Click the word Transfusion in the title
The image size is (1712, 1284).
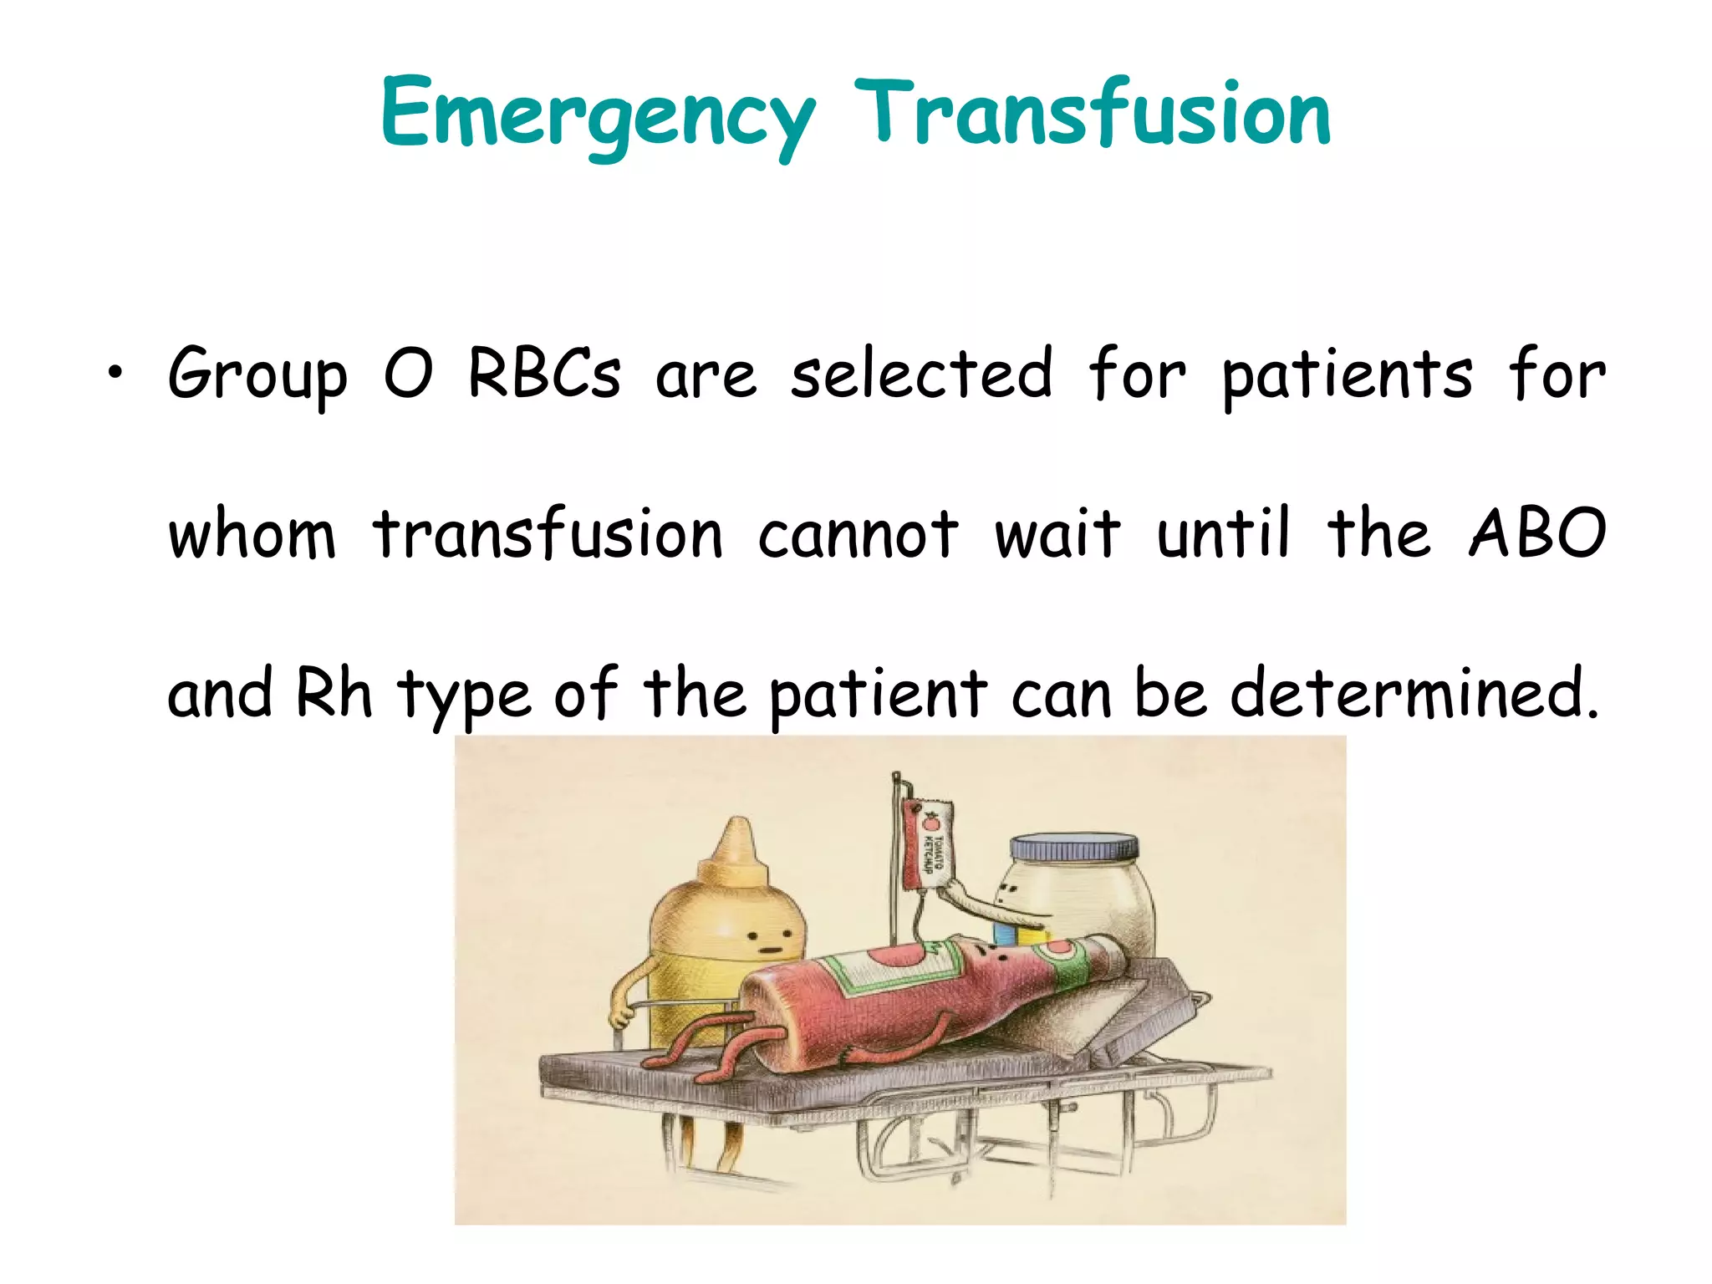(x=1092, y=113)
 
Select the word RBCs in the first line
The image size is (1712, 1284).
(x=544, y=373)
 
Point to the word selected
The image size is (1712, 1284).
(x=921, y=373)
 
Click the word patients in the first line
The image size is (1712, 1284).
(x=1347, y=374)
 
